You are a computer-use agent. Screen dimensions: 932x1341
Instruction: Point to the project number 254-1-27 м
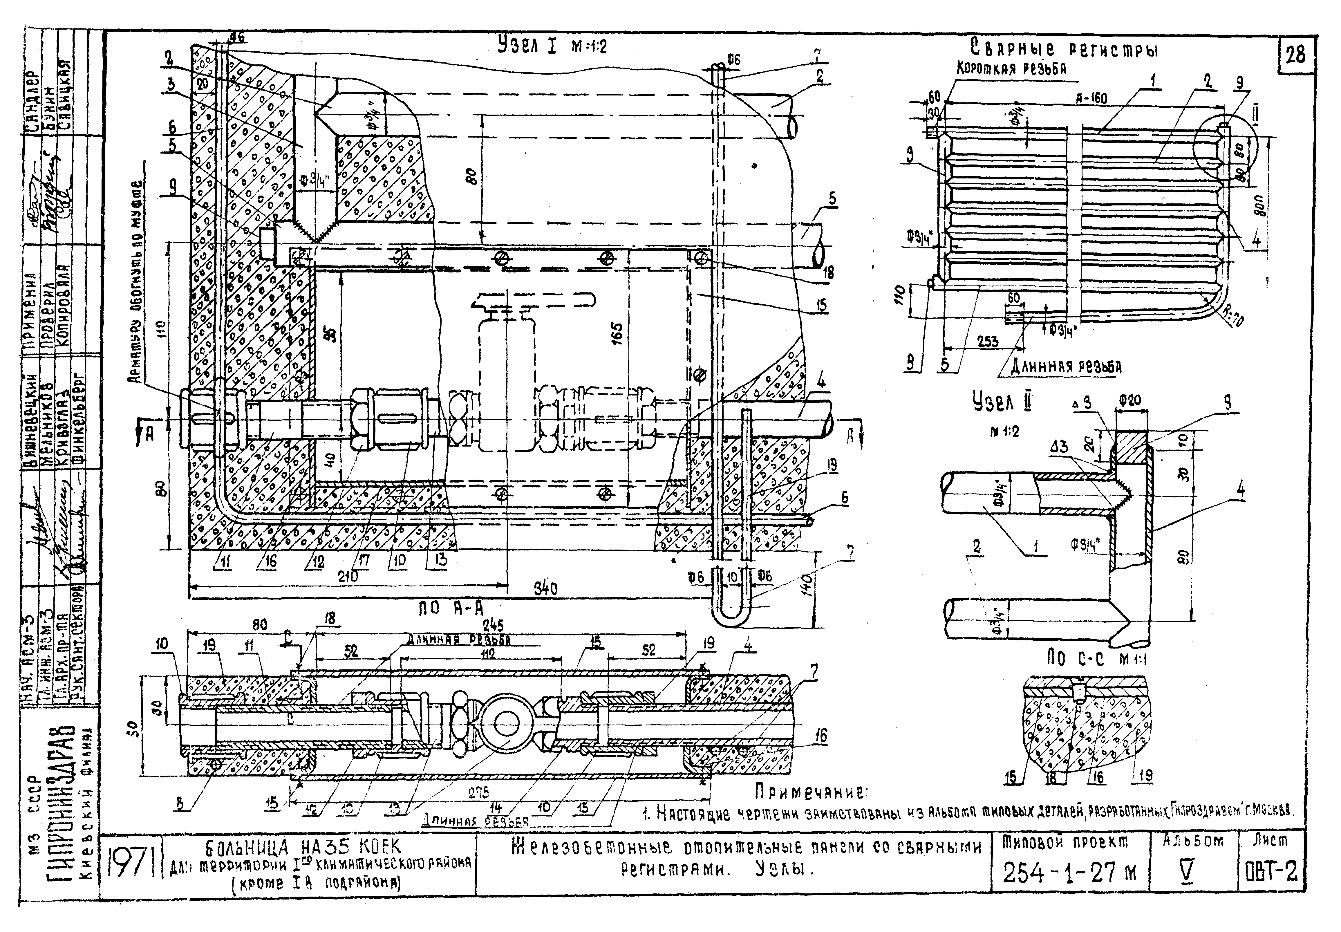(1069, 873)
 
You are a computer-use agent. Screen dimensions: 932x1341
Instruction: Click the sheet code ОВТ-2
(1270, 873)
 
